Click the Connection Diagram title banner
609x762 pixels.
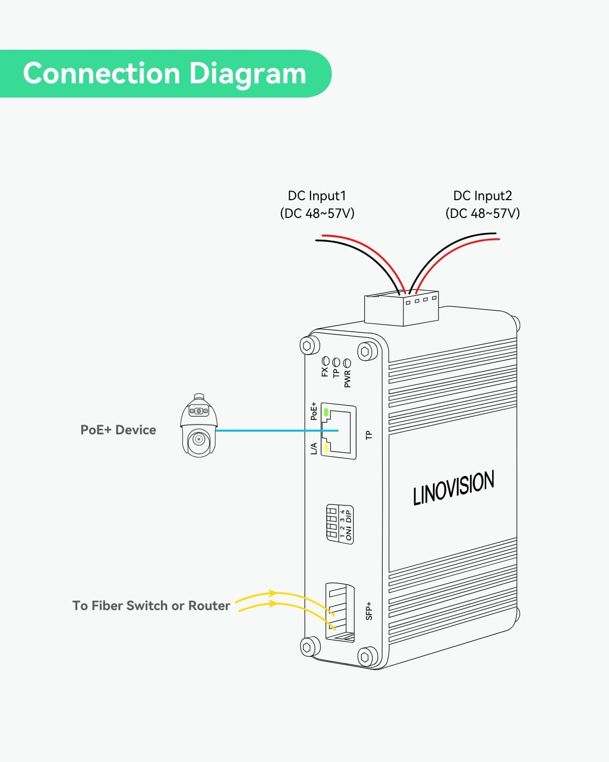165,74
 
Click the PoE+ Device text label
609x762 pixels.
118,430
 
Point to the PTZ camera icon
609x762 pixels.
199,426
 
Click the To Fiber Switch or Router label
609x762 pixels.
151,606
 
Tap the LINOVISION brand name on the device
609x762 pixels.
453,488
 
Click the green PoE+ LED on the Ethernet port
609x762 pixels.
326,411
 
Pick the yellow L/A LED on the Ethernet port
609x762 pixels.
326,448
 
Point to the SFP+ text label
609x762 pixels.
369,611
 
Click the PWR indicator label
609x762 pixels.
348,378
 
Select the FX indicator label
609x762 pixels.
325,371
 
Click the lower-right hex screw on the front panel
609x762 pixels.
366,657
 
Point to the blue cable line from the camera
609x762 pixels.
269,431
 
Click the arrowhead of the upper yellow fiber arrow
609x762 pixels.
273,593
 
